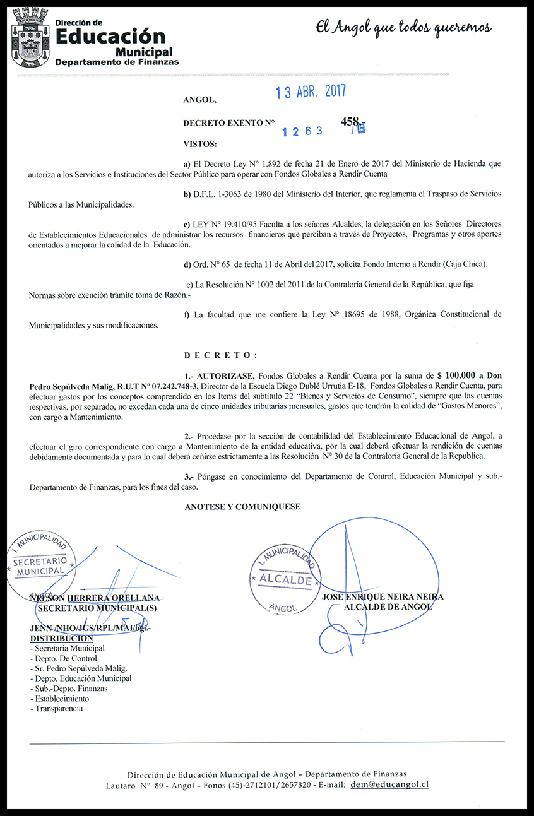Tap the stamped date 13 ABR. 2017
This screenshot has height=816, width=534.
pyautogui.click(x=311, y=92)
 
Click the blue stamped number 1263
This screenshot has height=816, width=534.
pyautogui.click(x=302, y=131)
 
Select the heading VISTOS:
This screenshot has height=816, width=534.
pyautogui.click(x=199, y=144)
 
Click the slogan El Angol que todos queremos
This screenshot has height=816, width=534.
pyautogui.click(x=403, y=28)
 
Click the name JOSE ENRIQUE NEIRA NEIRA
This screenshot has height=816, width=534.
pyautogui.click(x=383, y=597)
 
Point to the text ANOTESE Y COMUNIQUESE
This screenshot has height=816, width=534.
pyautogui.click(x=242, y=506)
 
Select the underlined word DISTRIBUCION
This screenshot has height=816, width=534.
pyautogui.click(x=61, y=638)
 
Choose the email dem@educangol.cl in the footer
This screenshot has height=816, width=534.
pyautogui.click(x=389, y=784)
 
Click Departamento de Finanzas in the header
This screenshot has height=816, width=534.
pyautogui.click(x=117, y=62)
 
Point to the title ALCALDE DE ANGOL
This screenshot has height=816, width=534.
pyautogui.click(x=387, y=607)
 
